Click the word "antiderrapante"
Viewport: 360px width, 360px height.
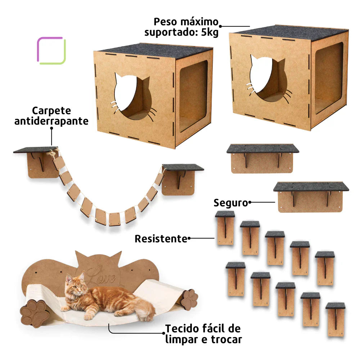tap(51, 121)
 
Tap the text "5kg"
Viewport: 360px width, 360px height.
tap(210, 33)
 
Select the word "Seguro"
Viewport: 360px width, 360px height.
tap(231, 203)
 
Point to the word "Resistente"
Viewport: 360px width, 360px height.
tap(161, 239)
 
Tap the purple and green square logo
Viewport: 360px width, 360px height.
tap(51, 50)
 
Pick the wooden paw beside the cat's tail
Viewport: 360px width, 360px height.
tap(190, 300)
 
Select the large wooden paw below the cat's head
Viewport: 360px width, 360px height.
tap(35, 313)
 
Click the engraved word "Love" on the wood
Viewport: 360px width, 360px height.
tap(102, 276)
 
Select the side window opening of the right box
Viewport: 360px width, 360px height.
tap(329, 78)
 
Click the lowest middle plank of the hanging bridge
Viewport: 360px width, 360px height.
tap(114, 219)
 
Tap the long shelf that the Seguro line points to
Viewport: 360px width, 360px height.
tap(311, 197)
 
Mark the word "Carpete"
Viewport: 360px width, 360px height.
tap(51, 111)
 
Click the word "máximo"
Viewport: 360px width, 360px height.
tap(199, 22)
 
